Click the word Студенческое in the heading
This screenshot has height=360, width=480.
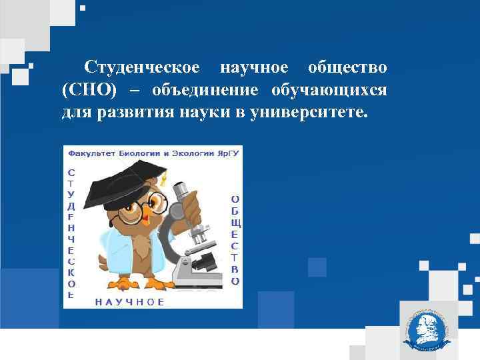point(142,67)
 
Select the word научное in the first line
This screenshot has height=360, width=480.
point(254,67)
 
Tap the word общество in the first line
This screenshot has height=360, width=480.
point(347,67)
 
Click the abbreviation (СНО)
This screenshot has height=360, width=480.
point(84,89)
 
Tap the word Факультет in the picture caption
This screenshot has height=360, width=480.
point(92,153)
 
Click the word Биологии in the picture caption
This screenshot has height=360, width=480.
point(138,153)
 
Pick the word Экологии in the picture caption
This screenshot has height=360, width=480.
point(191,153)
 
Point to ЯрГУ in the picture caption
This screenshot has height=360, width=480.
point(227,153)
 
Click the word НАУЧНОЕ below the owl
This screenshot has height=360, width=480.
point(129,302)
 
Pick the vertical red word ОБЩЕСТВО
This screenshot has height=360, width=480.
point(235,240)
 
